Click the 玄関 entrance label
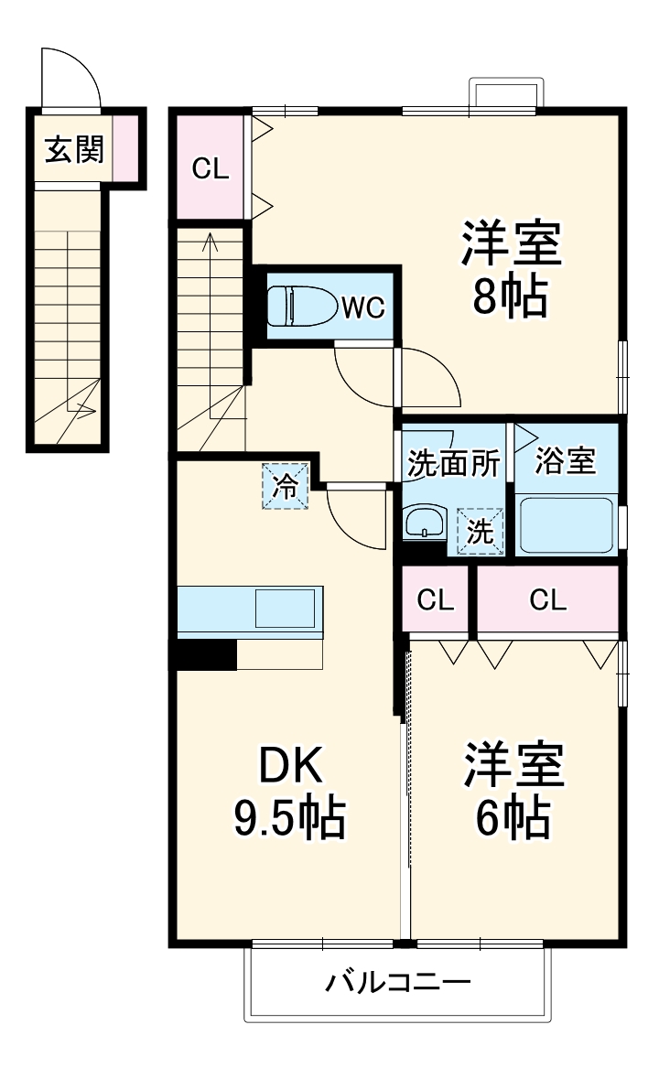[74, 149]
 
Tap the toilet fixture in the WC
[302, 307]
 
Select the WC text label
[363, 307]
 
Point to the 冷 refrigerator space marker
[286, 486]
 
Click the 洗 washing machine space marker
[481, 532]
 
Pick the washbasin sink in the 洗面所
[424, 522]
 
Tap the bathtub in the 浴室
[566, 526]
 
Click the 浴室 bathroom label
[565, 461]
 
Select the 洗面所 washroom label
[453, 464]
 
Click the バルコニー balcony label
[398, 982]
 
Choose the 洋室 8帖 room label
[511, 268]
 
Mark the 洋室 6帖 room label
[513, 791]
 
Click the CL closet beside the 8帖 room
[211, 168]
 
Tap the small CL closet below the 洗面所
[435, 600]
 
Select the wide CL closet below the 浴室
[548, 600]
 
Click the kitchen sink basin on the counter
[285, 609]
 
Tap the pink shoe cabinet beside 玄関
[124, 149]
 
